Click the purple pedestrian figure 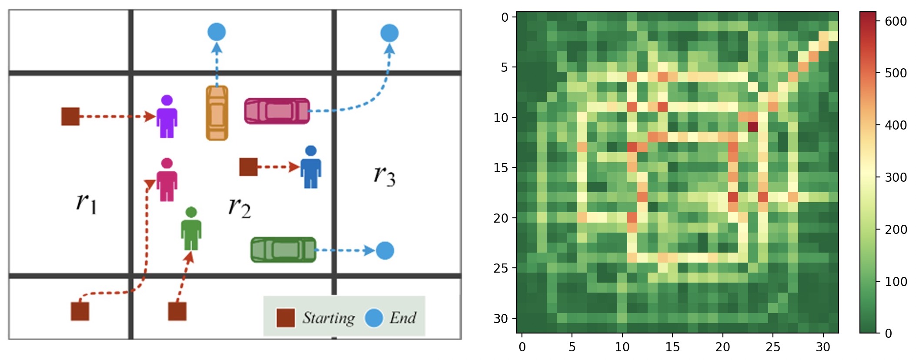pyautogui.click(x=167, y=116)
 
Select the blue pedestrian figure pyautogui.click(x=311, y=167)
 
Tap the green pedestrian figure pyautogui.click(x=191, y=229)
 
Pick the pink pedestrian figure pyautogui.click(x=167, y=180)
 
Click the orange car pyautogui.click(x=217, y=113)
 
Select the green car pyautogui.click(x=284, y=250)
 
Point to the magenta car pyautogui.click(x=277, y=111)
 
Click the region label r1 pyautogui.click(x=87, y=202)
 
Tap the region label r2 pyautogui.click(x=240, y=207)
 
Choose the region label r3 pyautogui.click(x=384, y=176)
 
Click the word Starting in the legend pyautogui.click(x=329, y=318)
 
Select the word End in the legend pyautogui.click(x=403, y=317)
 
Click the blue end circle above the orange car pyautogui.click(x=217, y=32)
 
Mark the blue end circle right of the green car pyautogui.click(x=385, y=250)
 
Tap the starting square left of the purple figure pyautogui.click(x=70, y=117)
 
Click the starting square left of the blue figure pyautogui.click(x=248, y=167)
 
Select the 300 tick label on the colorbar pyautogui.click(x=896, y=177)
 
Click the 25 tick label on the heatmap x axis pyautogui.click(x=773, y=347)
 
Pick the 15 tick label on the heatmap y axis pyautogui.click(x=501, y=167)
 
